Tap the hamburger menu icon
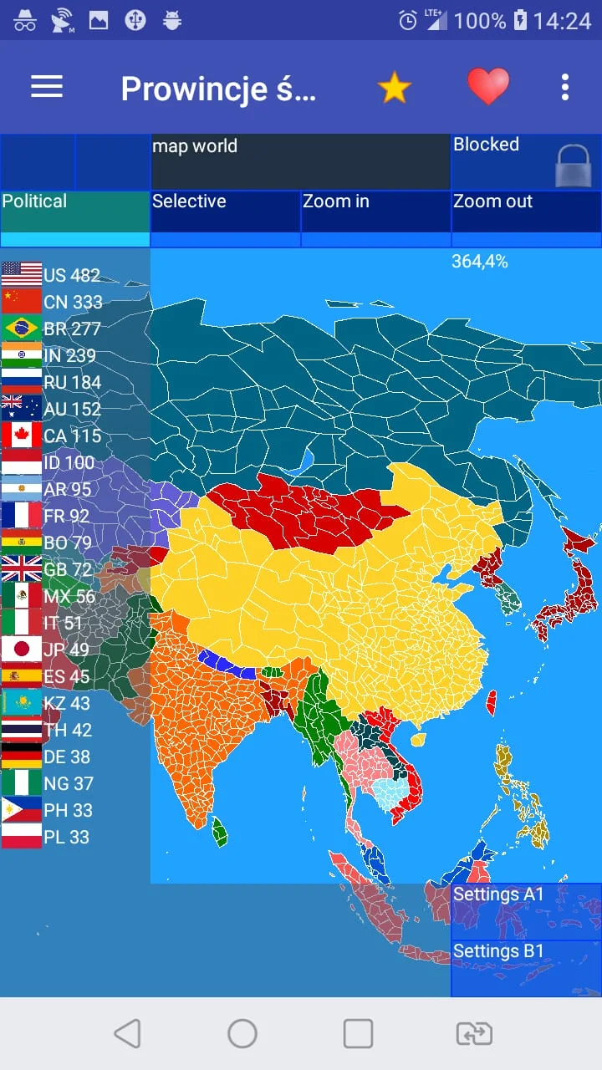pos(47,87)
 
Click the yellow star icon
pos(394,87)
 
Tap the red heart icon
pos(487,86)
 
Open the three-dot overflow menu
pos(565,87)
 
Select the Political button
pos(75,211)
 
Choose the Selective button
pos(226,211)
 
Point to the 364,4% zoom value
pos(480,262)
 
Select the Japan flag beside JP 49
pos(22,650)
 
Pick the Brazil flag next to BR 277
pos(22,329)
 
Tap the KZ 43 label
pos(68,703)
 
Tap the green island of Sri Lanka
pos(220,832)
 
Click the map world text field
pos(301,162)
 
